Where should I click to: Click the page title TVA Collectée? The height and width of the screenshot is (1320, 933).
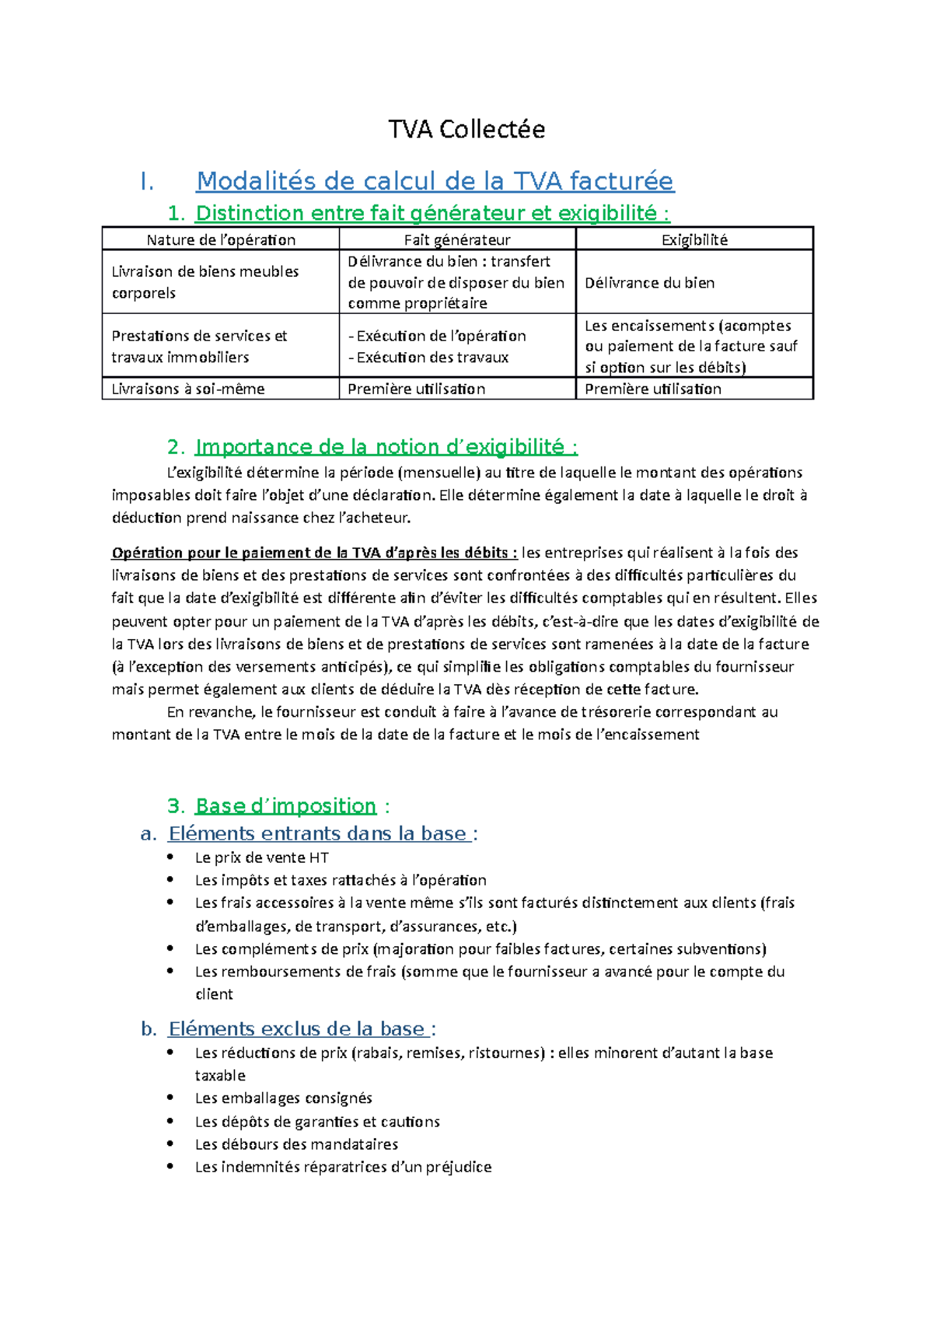pos(466,129)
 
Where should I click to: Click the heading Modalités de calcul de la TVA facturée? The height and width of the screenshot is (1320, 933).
pos(435,181)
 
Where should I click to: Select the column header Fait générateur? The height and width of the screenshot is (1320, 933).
pos(457,239)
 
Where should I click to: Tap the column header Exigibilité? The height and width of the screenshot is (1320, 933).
pos(694,239)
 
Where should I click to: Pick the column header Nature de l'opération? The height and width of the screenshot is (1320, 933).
pos(221,239)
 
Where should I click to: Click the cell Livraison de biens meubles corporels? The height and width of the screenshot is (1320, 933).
pos(205,282)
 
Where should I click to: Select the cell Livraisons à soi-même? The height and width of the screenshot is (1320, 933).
pos(188,389)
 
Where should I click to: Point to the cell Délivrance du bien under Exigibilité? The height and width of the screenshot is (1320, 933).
pos(649,283)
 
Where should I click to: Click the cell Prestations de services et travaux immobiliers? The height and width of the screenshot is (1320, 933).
pos(199,347)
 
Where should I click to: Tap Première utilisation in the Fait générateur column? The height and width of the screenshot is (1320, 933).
pos(416,389)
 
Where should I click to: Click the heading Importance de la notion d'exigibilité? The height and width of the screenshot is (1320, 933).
pos(386,447)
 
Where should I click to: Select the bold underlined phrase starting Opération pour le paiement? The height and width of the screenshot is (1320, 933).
pos(314,553)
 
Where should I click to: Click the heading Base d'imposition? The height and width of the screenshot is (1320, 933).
pos(285,805)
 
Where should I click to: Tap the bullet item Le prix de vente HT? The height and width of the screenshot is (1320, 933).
pos(261,857)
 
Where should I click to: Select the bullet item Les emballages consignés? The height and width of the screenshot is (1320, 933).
pos(283,1098)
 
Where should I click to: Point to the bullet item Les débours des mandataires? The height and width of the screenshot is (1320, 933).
pos(296,1144)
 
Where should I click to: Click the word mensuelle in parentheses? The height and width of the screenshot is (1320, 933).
pos(439,473)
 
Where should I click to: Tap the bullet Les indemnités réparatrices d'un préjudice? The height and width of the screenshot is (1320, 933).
pos(343,1166)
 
